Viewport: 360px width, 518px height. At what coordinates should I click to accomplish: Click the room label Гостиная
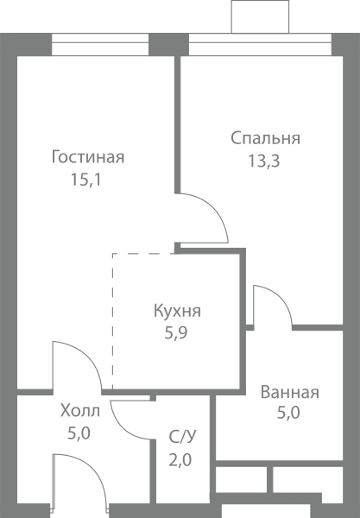coord(88,157)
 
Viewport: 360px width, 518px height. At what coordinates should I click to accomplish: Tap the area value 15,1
coord(85,180)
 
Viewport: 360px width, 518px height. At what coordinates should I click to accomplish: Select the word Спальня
coord(266,138)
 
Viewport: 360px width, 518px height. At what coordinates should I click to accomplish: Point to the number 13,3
coord(264,161)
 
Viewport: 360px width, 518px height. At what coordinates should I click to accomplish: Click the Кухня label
coord(177,311)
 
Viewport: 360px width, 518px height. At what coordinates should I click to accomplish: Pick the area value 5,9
coord(176,333)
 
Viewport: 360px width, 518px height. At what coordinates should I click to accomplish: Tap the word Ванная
coord(290,393)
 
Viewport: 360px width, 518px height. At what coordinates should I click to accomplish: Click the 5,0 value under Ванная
coord(288,413)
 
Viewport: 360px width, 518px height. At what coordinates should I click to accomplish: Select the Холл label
coord(80,411)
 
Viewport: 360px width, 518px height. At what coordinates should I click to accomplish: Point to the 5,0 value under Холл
coord(79,433)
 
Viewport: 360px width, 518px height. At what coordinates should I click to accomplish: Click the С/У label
coord(182,437)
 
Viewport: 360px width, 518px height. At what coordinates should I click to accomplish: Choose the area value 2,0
coord(180,460)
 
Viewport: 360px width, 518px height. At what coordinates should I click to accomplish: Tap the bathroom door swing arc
coord(280,296)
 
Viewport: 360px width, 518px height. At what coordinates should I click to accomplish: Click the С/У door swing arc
coord(123,428)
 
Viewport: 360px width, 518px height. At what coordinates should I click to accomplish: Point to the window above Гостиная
coord(100,44)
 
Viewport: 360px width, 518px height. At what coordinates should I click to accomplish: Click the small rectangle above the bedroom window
coord(260,16)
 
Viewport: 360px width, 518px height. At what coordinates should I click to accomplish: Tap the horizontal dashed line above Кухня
coord(143,254)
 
